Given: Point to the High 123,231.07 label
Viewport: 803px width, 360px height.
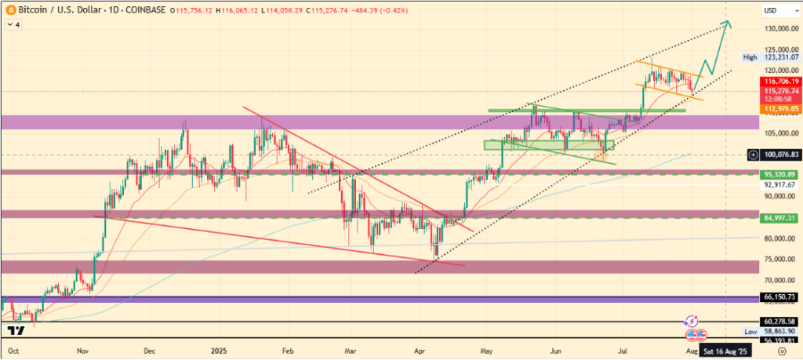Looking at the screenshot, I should coord(772,57).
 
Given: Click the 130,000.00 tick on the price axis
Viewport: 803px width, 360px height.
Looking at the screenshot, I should coord(779,29).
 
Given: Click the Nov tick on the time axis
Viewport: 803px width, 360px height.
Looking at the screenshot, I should coord(82,352).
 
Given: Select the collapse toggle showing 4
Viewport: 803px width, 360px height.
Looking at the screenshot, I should coord(13,24).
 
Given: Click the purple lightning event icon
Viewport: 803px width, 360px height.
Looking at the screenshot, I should coord(692,321).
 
